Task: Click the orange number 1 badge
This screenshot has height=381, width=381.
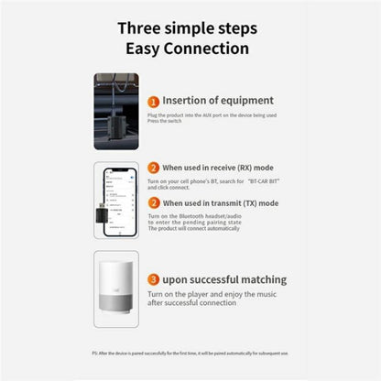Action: click(155, 102)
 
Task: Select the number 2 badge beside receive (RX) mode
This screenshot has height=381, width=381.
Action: click(154, 168)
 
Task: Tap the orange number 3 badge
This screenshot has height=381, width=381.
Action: click(154, 278)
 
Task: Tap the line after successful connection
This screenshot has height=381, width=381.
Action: click(190, 301)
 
